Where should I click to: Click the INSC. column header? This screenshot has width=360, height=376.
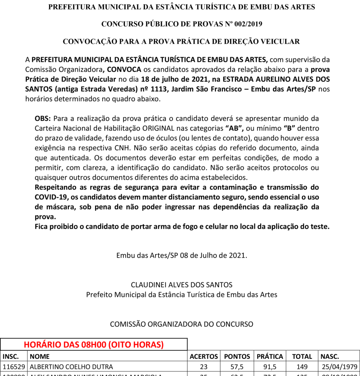(11, 357)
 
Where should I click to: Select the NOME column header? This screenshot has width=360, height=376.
(40, 357)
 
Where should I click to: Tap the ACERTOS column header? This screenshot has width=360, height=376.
(204, 357)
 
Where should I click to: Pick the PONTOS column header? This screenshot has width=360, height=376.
(237, 357)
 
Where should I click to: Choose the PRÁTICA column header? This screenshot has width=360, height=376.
(270, 357)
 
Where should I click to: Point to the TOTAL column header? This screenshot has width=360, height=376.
(302, 357)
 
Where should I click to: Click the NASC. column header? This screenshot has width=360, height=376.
(330, 357)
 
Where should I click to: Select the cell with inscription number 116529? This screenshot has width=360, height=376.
(14, 366)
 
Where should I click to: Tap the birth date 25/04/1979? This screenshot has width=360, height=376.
(339, 366)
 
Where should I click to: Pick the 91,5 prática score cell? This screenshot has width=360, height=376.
(270, 366)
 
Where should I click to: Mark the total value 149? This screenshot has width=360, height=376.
(302, 366)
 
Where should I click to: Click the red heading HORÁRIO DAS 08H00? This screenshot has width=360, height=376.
(94, 345)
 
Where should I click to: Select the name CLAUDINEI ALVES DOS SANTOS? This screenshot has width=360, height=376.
(182, 285)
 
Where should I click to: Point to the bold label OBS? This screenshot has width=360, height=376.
(43, 119)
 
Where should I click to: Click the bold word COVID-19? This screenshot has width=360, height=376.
(50, 197)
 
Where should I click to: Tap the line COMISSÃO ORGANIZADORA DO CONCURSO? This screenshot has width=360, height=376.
(182, 324)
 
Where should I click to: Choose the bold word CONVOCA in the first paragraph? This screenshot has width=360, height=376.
(124, 69)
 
